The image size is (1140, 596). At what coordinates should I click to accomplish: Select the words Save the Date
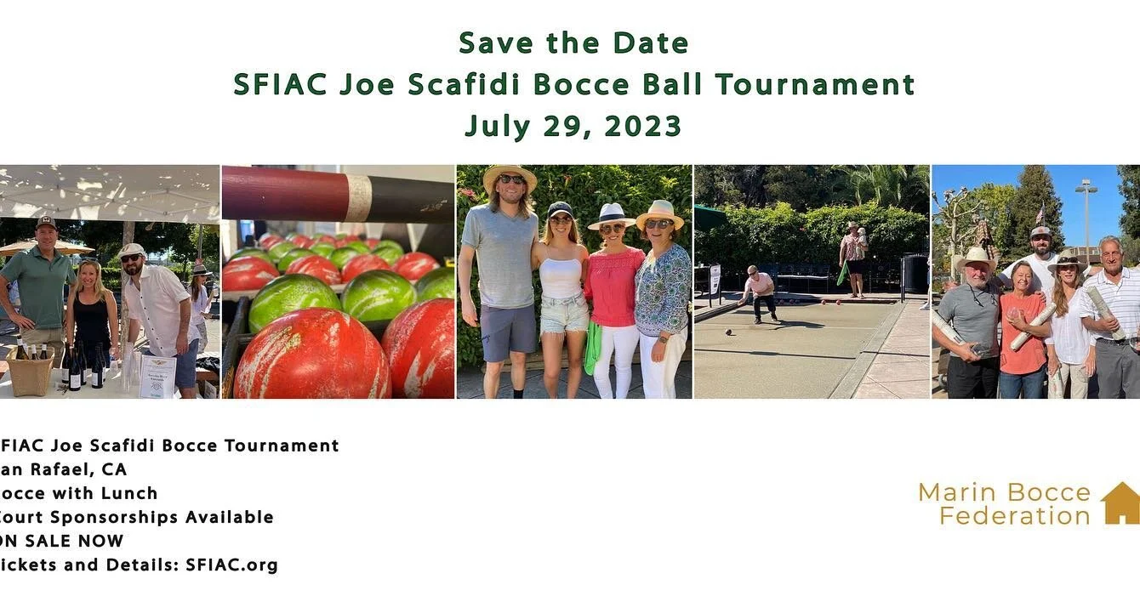coord(573,43)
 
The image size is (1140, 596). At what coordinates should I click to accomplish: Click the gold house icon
coord(1120,503)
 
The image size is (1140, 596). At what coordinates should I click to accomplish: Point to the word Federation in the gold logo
coord(1014,515)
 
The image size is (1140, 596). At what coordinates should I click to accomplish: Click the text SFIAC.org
coord(231,565)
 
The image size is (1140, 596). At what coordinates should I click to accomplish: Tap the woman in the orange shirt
coord(1022,327)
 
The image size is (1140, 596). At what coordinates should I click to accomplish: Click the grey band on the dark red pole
coord(359,198)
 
